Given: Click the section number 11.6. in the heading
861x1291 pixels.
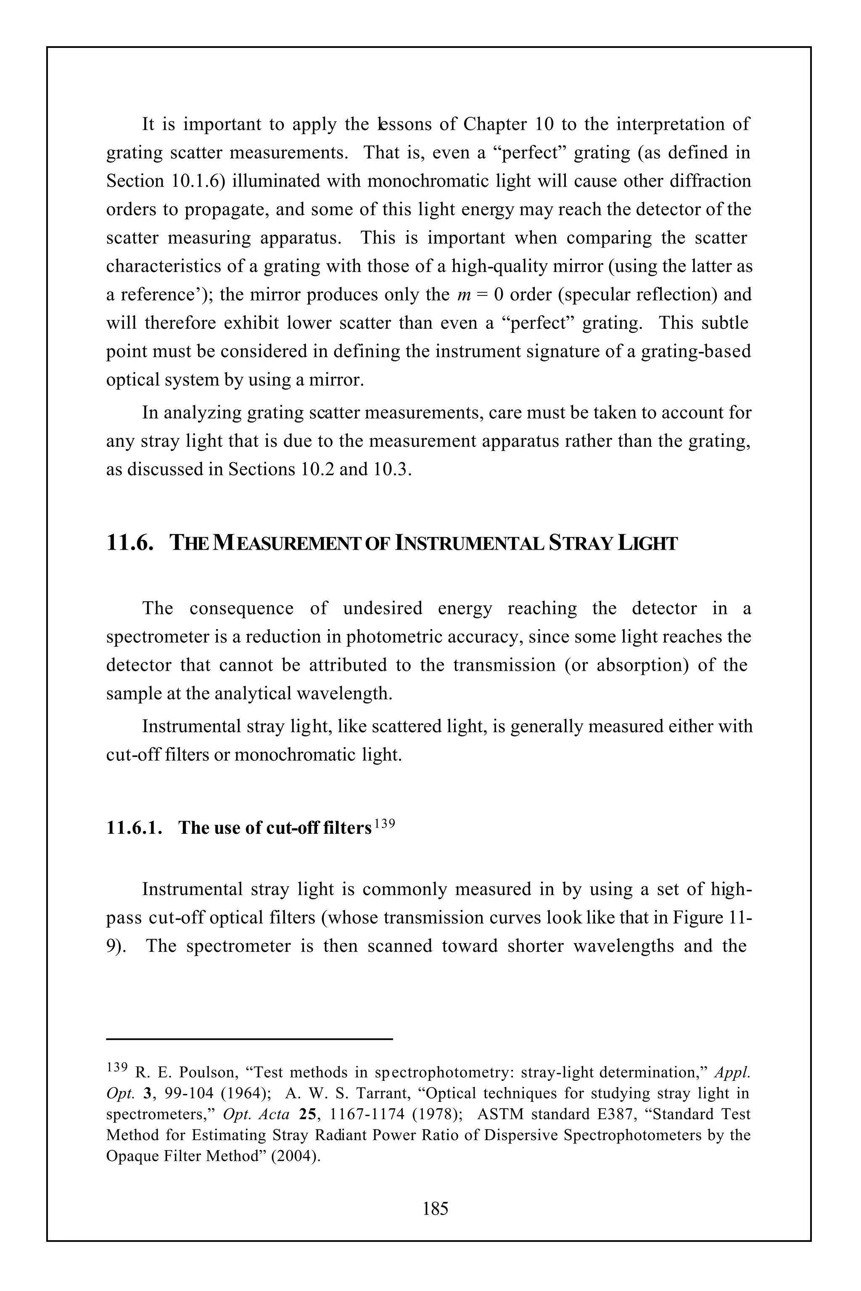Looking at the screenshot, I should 129,543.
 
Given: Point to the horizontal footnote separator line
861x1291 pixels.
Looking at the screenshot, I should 250,1038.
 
